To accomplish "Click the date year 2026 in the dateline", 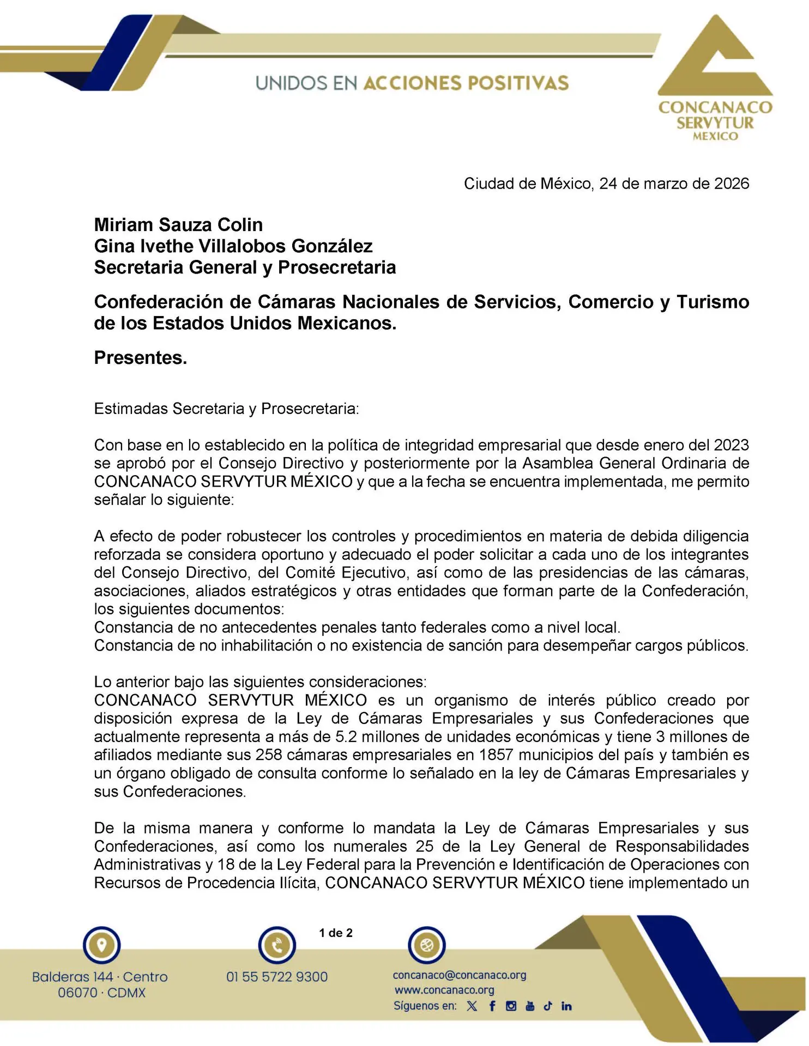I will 732,184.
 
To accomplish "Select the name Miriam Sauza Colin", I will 178,224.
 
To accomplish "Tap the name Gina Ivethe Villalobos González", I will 233,246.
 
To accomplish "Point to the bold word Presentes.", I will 141,357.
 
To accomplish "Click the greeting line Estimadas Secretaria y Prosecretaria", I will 226,409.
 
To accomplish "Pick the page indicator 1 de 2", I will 336,933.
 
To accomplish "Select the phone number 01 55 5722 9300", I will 277,977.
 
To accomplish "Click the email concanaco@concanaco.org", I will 460,975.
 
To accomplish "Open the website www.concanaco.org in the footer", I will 444,990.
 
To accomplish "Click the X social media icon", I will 472,1006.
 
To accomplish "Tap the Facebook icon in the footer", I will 492,1006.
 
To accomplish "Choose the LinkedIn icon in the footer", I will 566,1006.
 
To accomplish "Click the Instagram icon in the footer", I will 511,1006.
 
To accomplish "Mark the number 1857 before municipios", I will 496,755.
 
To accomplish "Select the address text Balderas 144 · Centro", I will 100,977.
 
